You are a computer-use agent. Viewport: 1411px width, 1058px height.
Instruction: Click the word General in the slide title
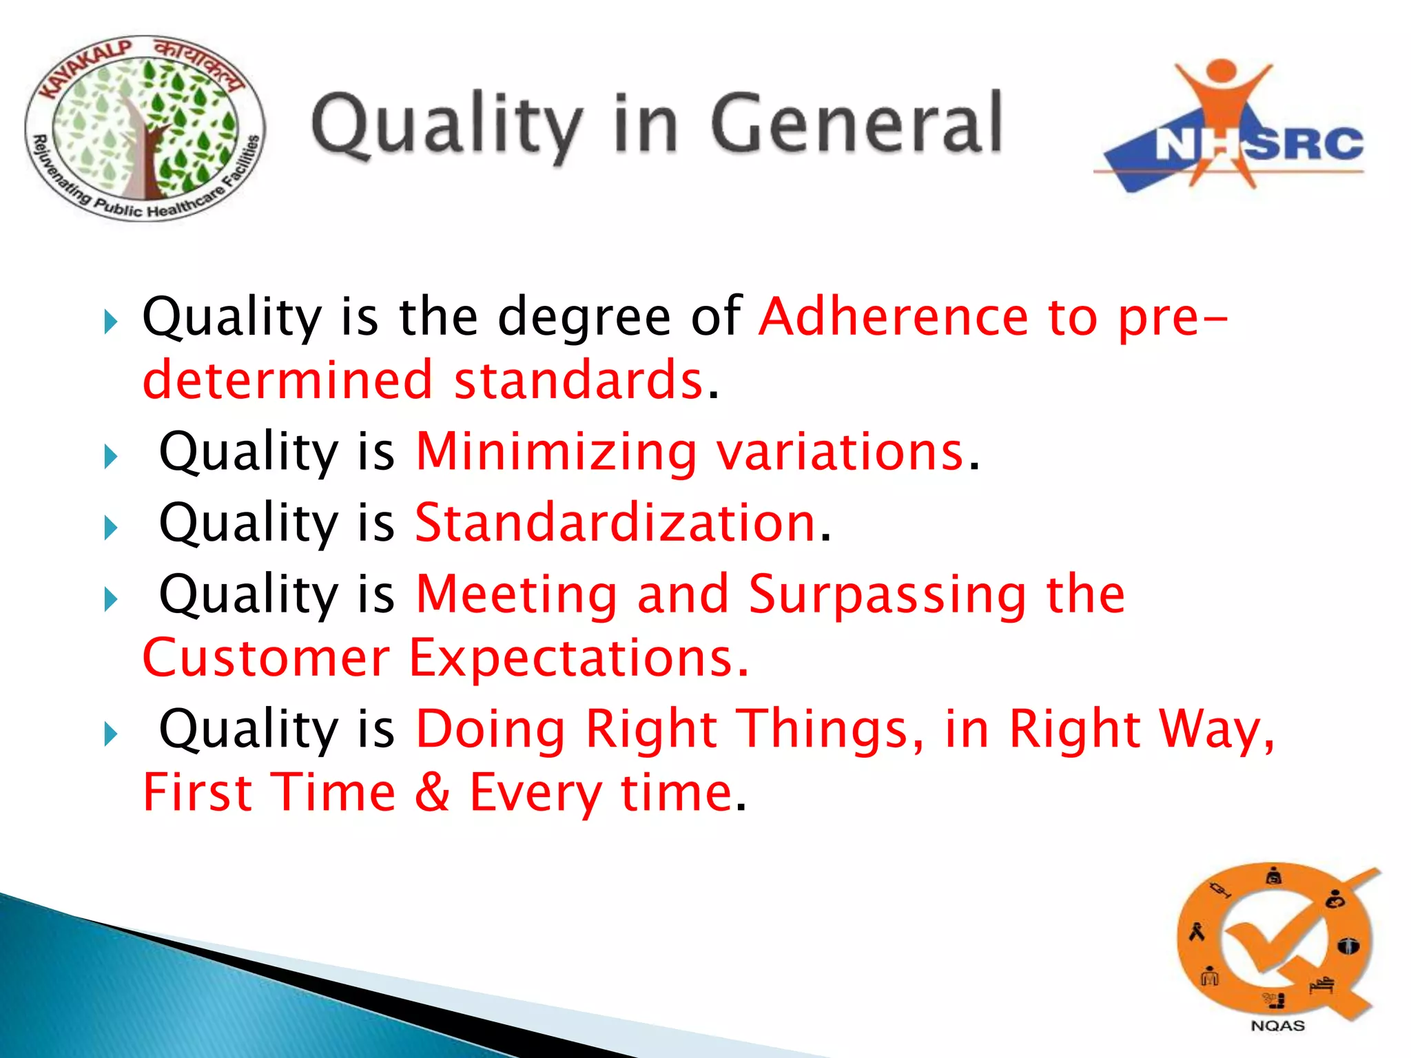856,125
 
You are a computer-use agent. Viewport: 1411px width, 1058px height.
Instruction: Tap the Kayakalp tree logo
144,129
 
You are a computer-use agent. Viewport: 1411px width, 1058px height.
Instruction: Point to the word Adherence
894,316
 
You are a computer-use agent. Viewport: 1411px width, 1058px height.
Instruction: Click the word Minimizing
556,453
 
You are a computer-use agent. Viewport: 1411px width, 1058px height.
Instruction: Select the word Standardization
615,523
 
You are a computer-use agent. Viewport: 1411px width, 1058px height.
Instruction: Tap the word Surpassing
887,594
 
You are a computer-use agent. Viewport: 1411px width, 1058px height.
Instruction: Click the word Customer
266,658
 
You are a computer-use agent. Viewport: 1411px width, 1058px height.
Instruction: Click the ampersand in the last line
433,792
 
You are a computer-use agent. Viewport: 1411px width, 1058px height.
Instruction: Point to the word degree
584,318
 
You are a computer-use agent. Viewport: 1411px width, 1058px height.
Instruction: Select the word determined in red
287,380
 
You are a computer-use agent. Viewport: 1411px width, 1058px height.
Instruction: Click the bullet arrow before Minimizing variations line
111,457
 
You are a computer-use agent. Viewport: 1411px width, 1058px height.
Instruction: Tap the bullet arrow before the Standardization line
111,528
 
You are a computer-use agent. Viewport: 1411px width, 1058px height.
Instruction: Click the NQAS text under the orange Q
1277,1026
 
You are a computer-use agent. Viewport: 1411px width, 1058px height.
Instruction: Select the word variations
840,453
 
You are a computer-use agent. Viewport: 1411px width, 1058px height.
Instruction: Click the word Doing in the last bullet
491,729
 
